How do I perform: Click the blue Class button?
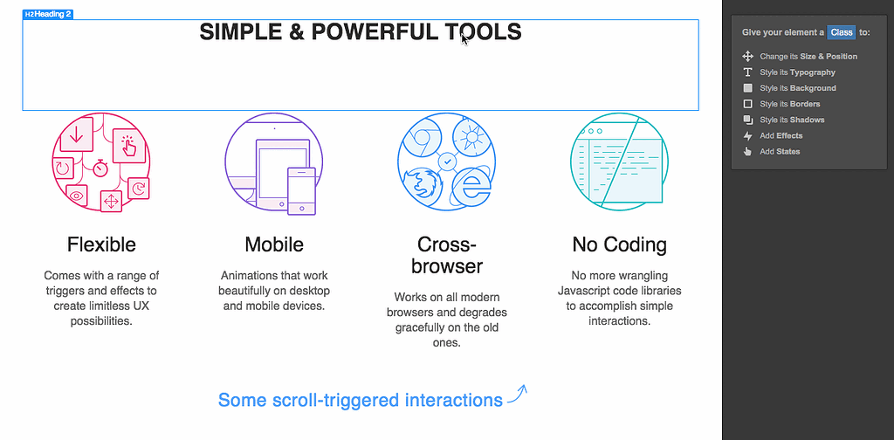point(842,32)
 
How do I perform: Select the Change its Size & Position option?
point(808,57)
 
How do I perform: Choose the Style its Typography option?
point(796,72)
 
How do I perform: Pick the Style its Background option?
point(797,88)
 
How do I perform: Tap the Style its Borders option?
point(789,104)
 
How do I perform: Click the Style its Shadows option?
point(791,120)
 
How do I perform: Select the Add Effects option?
point(781,135)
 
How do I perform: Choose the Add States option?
point(779,151)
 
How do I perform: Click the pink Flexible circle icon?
point(100,163)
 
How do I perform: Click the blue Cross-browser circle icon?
point(446,163)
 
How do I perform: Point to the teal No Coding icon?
point(619,163)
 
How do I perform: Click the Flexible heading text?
point(101,244)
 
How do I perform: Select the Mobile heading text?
point(274,244)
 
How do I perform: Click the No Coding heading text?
point(619,244)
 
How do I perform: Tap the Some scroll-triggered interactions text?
point(360,400)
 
